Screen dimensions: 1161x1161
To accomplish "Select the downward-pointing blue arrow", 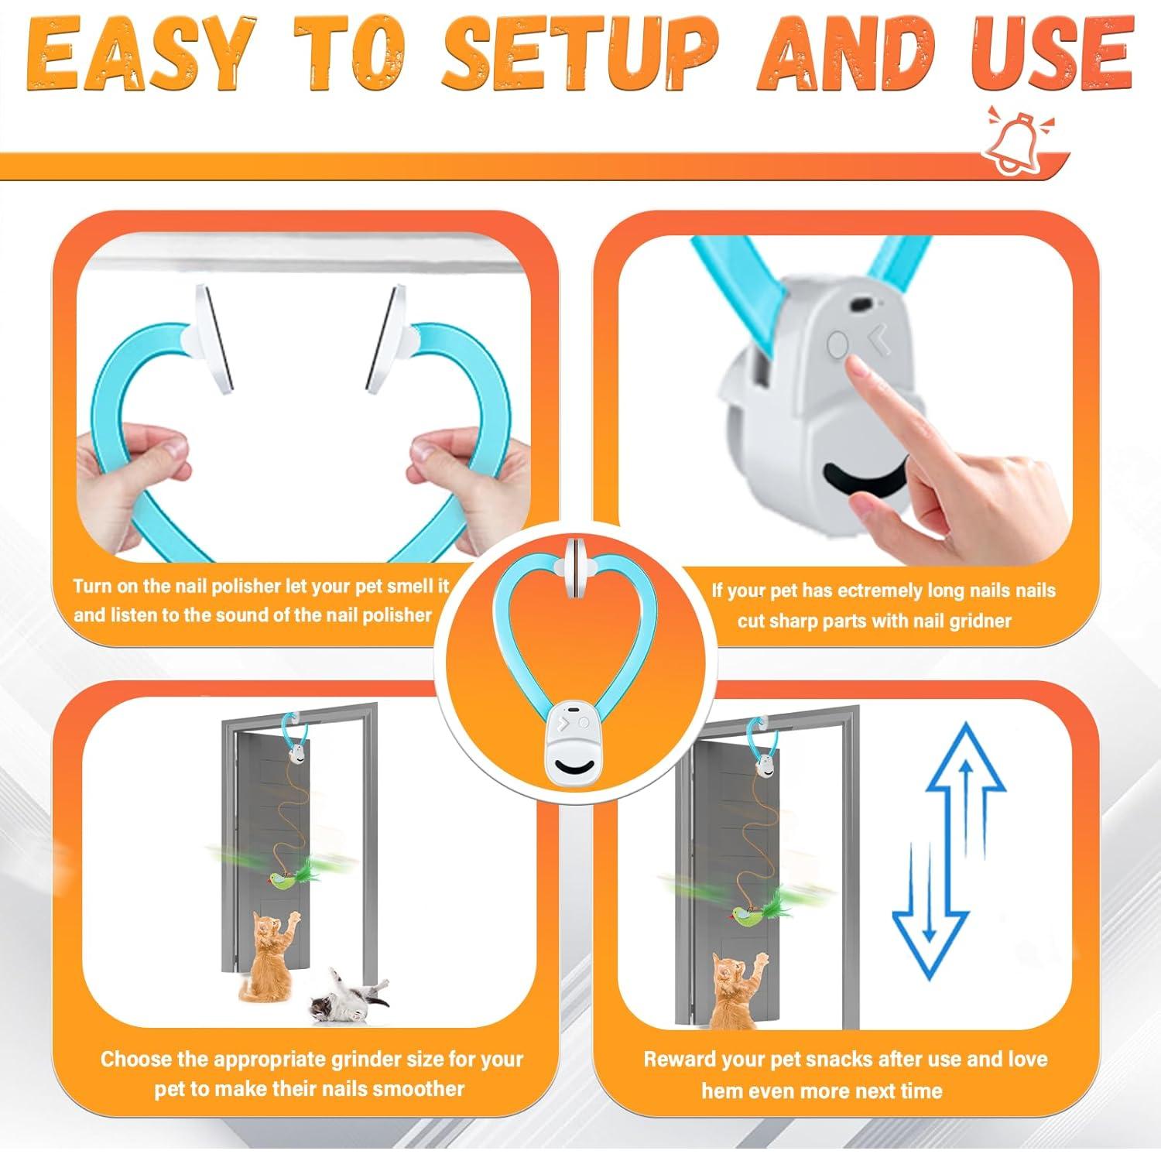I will coord(930,913).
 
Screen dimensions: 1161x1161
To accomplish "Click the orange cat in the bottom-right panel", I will coord(731,998).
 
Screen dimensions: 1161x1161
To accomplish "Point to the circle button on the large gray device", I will coord(837,344).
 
